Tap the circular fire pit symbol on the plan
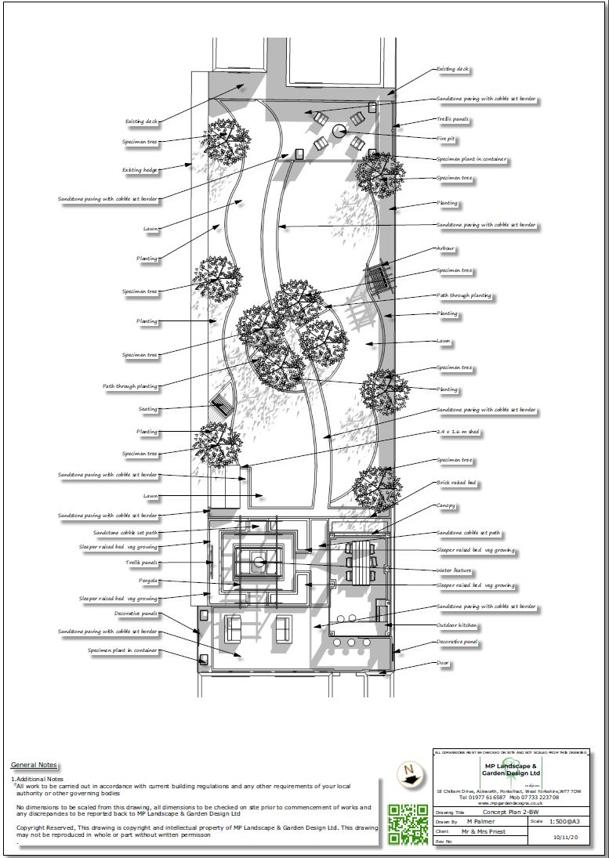339,132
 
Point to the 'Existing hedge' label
140,169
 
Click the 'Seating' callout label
147,409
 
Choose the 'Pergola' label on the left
147,581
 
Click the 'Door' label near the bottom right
444,663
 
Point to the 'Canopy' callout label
446,505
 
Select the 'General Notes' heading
34,766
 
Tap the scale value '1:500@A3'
563,820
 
